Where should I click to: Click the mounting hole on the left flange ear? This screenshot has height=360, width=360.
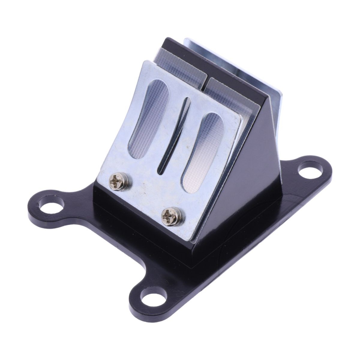coord(53,208)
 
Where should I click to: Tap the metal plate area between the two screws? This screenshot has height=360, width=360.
coord(144,198)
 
